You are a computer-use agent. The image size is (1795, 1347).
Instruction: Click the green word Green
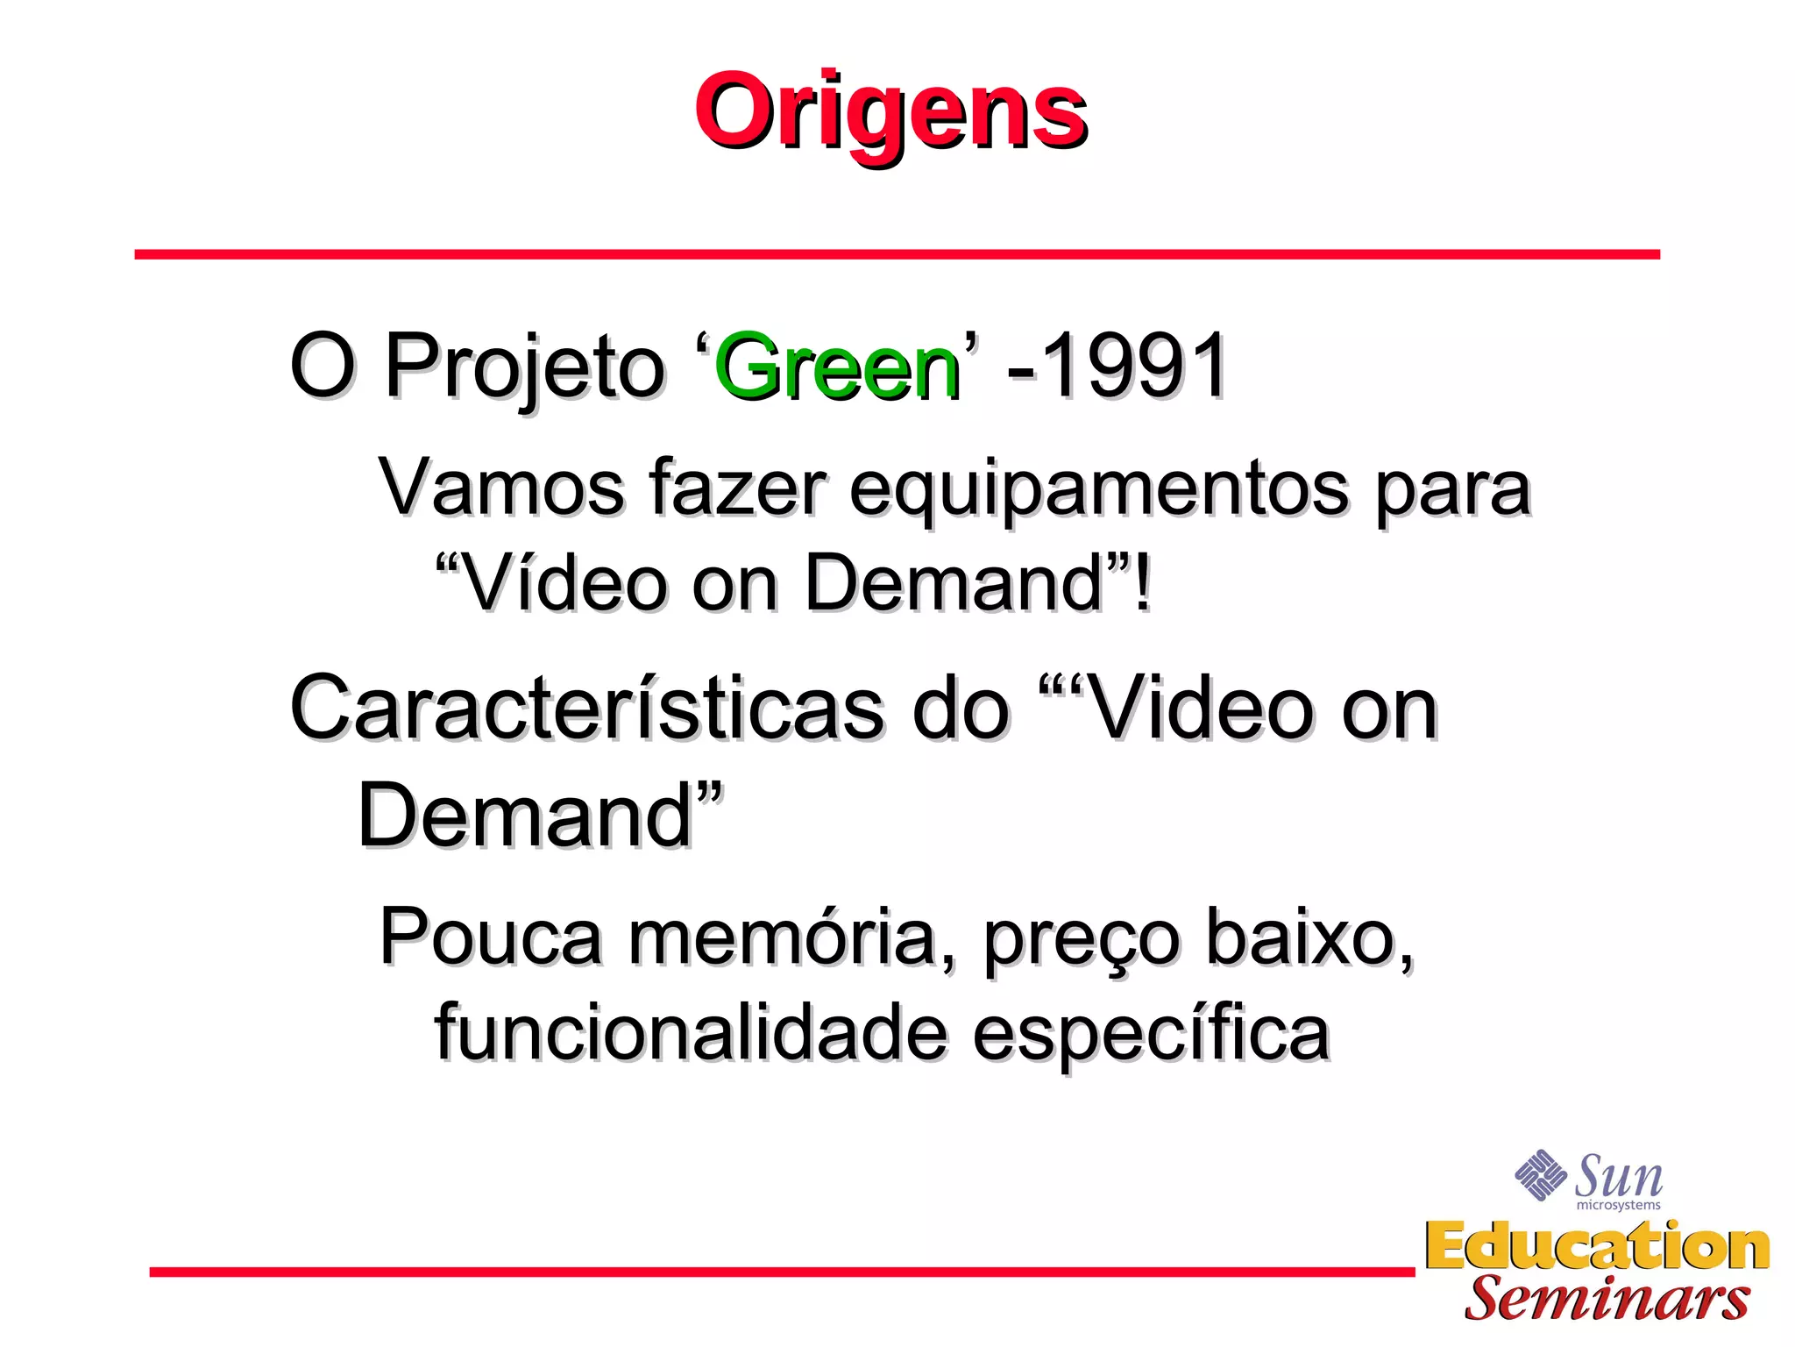[x=837, y=368]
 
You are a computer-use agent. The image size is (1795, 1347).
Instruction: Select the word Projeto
[x=524, y=368]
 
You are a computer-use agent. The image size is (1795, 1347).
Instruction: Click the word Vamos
[x=500, y=488]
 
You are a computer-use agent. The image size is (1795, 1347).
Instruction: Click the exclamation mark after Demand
[x=1141, y=582]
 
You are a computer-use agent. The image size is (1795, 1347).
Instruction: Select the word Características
[x=587, y=709]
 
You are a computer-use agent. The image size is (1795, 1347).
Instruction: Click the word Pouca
[x=491, y=937]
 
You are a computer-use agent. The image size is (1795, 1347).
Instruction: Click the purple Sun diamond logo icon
[x=1540, y=1174]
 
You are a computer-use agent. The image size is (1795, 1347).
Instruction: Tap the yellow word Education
[x=1597, y=1246]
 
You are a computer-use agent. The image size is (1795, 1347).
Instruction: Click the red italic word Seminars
[x=1606, y=1299]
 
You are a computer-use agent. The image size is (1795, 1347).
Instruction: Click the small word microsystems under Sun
[x=1618, y=1205]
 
